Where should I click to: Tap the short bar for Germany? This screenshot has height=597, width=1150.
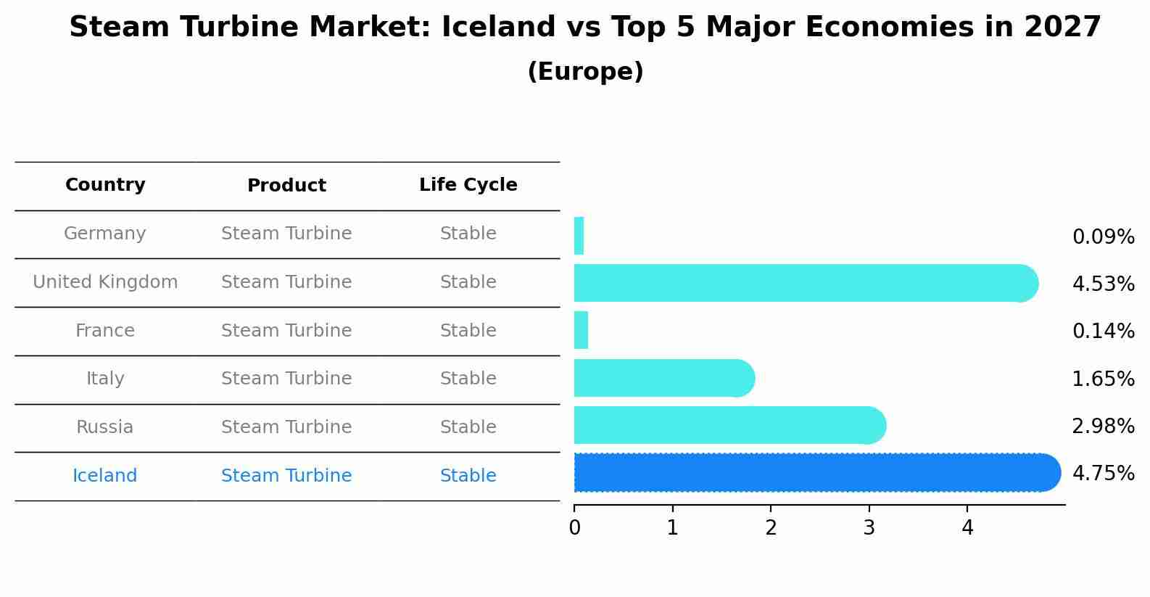tap(579, 236)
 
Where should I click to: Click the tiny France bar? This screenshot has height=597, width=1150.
tap(581, 330)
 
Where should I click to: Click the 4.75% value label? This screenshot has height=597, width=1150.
tap(1103, 474)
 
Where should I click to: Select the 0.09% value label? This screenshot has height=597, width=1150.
tap(1103, 237)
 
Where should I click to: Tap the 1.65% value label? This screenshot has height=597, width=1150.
tap(1103, 379)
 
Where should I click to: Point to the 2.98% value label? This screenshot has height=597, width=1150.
tap(1103, 427)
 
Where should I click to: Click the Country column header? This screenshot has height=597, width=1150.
tap(105, 185)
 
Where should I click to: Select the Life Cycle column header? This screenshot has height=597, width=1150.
tap(468, 185)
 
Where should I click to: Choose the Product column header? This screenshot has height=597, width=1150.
tap(286, 186)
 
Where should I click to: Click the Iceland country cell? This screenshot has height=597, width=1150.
tap(104, 476)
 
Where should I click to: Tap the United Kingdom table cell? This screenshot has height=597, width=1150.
tap(105, 282)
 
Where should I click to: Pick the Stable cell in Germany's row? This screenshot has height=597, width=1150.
tap(468, 234)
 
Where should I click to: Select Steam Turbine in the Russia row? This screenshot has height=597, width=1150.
tap(286, 427)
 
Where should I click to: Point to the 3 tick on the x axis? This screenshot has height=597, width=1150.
tap(869, 528)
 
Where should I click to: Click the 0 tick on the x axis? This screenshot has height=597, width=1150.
tap(574, 528)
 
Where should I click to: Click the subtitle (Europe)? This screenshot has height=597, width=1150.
tap(585, 72)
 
